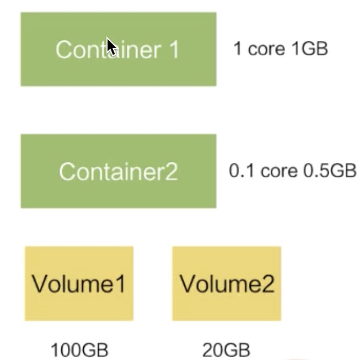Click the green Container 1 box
119,49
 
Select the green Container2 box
119,171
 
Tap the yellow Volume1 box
79,284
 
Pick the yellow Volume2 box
227,284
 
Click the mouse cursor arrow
111,46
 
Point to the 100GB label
79,350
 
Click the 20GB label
226,350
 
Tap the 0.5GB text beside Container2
330,171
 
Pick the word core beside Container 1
266,49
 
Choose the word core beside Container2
279,172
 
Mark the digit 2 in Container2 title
172,171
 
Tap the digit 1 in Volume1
121,284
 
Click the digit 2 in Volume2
268,284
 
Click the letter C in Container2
67,171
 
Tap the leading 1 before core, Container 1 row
237,49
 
